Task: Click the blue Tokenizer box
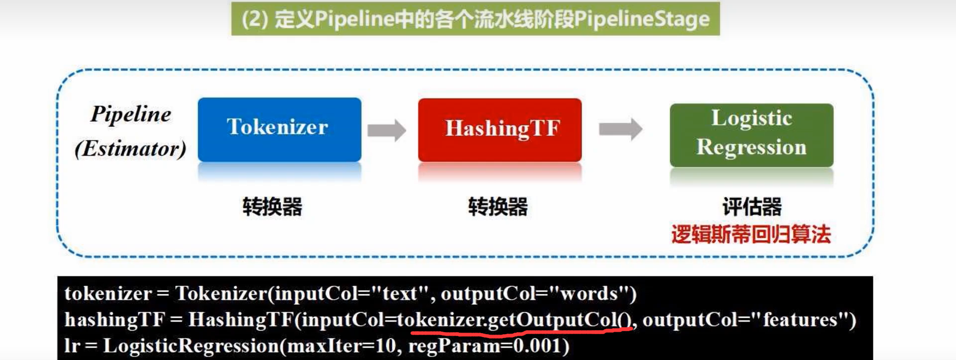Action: click(279, 129)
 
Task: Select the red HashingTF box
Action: click(500, 129)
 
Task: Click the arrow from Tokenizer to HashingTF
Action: click(387, 130)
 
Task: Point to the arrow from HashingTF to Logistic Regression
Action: click(620, 129)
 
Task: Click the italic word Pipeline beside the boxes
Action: click(130, 114)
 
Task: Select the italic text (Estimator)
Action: click(130, 148)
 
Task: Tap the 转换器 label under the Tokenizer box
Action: click(272, 206)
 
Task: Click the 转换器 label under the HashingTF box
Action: click(498, 206)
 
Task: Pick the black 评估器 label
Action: click(752, 206)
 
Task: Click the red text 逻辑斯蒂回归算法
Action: click(751, 234)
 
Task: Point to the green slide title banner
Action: click(476, 19)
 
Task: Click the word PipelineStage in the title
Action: click(642, 19)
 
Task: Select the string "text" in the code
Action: click(399, 293)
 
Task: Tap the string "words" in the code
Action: click(589, 293)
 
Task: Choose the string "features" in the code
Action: click(800, 320)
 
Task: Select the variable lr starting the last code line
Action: click(72, 346)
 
